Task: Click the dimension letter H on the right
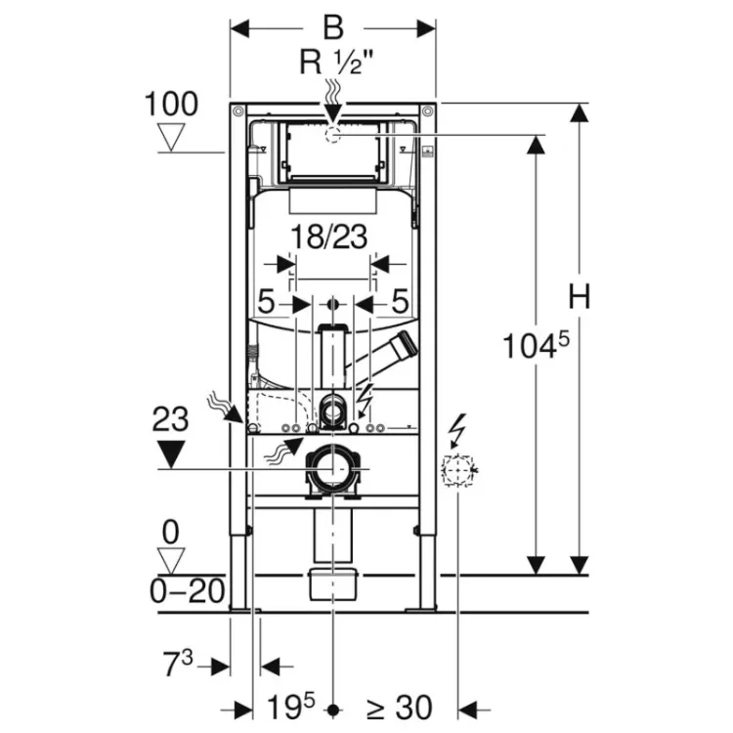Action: [581, 297]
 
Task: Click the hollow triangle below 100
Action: [176, 137]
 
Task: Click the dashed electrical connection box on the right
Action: [455, 470]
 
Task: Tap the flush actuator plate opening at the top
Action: [333, 152]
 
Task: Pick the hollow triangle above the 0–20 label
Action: [173, 560]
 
